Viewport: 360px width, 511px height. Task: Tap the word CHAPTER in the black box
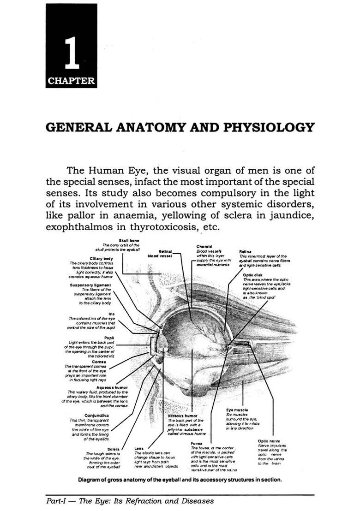coord(71,82)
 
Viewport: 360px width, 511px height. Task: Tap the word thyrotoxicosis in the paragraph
coord(176,227)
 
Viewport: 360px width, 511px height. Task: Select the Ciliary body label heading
coord(102,258)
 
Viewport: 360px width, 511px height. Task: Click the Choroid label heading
coord(204,246)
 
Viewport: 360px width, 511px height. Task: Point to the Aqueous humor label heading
coord(112,387)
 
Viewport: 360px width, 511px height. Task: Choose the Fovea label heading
coord(197,443)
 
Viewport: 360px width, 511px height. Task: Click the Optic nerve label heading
coord(269,441)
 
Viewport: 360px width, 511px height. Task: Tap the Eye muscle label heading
coord(237,410)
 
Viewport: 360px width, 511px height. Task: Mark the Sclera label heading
coord(113,449)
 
